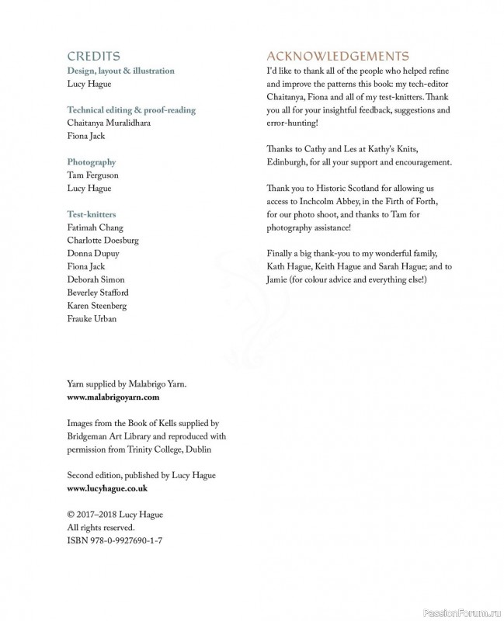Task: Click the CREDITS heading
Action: coord(93,56)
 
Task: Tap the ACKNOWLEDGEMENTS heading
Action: coord(338,56)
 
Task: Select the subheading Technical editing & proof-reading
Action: coord(131,110)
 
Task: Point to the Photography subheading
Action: coord(92,162)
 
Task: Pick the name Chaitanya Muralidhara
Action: coord(109,123)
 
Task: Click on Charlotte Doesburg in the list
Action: coord(103,241)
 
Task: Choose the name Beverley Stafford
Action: coord(98,293)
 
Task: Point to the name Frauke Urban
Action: coord(92,319)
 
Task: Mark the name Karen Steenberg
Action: coord(97,306)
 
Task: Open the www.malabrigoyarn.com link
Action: coord(113,397)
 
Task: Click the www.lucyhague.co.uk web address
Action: coord(107,488)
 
